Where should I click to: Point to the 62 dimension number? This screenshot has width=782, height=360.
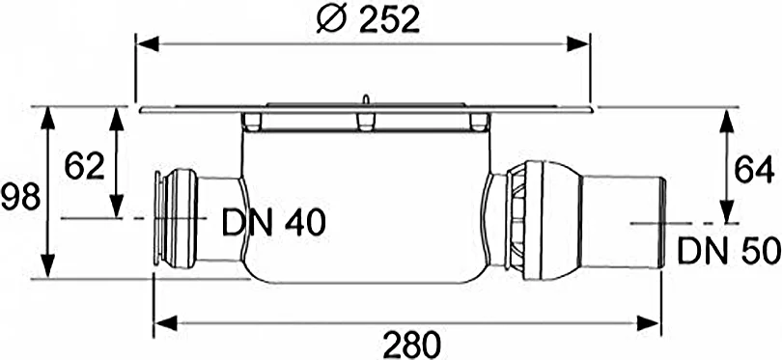(x=84, y=166)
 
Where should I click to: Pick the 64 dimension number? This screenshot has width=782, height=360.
(x=754, y=170)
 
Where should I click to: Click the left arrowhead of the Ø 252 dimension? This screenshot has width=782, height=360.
(x=143, y=42)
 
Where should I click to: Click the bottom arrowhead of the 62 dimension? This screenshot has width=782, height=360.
(x=117, y=212)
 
